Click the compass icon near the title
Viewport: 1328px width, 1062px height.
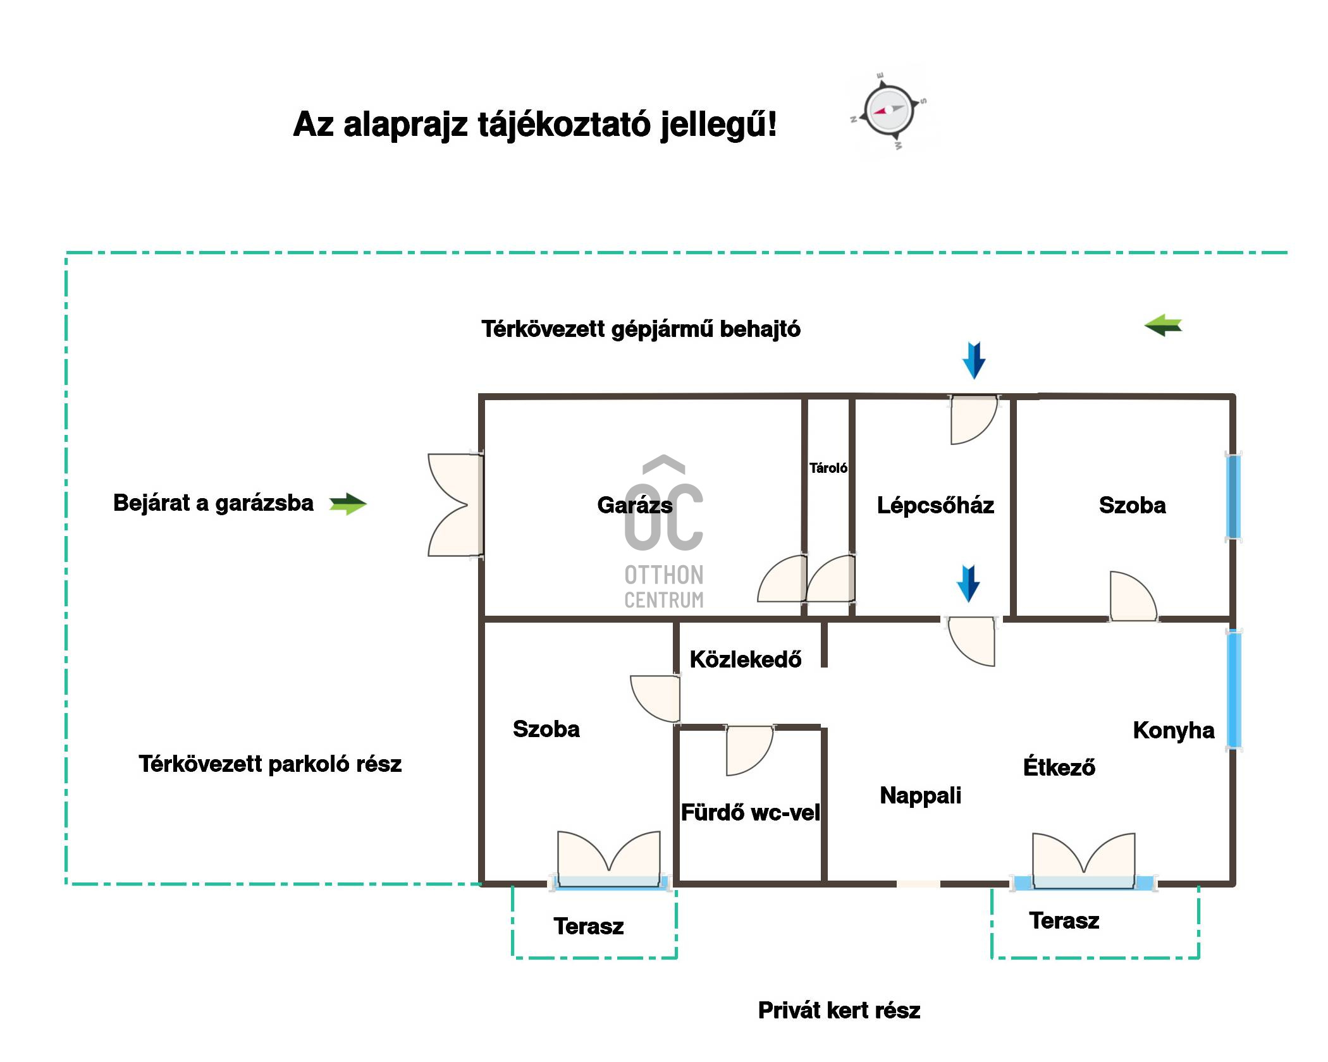888,111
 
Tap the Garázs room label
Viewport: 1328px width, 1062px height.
634,505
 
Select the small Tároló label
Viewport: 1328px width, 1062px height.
828,468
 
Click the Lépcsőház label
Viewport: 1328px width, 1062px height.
935,505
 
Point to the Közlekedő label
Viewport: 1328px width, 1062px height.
746,659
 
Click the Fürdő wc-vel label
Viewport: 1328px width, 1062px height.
750,812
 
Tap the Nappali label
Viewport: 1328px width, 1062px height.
920,795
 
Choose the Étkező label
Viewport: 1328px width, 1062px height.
1059,767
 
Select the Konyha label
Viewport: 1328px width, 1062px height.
1174,730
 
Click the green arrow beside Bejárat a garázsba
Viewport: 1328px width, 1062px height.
348,504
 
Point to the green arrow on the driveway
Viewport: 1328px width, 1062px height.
1163,326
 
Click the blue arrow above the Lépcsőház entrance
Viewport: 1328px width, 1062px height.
974,360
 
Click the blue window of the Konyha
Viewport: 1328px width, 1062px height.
1234,690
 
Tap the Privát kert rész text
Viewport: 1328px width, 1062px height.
839,1010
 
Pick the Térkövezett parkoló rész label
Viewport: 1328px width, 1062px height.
270,764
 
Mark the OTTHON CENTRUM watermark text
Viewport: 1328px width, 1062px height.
663,587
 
